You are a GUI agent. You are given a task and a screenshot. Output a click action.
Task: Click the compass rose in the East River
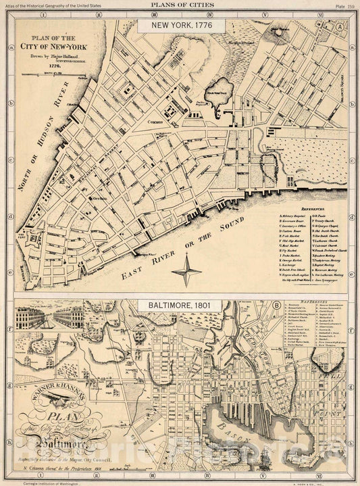coord(186,272)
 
